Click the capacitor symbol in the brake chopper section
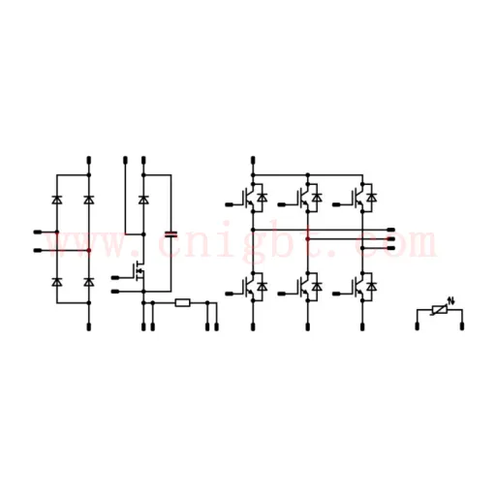click(170, 234)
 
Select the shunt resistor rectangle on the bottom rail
click(182, 303)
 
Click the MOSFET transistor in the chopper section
click(139, 271)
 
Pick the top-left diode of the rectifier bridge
click(57, 200)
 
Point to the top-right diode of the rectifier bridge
click(89, 200)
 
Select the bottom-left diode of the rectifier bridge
click(57, 282)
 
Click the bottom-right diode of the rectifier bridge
click(89, 282)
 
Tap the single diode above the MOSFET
click(143, 200)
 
